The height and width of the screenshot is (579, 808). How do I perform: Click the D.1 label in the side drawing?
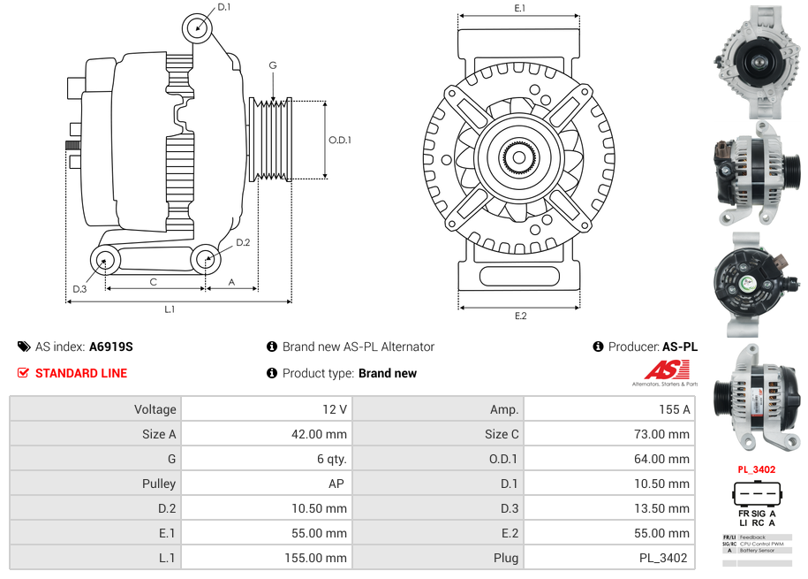click(223, 7)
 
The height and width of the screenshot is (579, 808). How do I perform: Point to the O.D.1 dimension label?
click(340, 140)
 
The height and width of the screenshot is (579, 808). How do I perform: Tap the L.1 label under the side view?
click(170, 309)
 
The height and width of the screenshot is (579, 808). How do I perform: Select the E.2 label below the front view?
click(520, 316)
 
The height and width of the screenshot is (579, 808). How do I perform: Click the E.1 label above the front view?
click(520, 8)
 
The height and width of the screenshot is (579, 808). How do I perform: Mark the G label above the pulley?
click(273, 65)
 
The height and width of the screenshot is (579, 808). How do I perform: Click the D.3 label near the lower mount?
click(79, 288)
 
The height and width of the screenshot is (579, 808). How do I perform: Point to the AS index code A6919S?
click(111, 347)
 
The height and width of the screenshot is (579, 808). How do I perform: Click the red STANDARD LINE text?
click(80, 373)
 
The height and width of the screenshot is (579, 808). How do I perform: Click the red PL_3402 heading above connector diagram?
click(756, 469)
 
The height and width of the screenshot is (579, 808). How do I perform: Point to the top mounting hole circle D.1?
click(198, 28)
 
